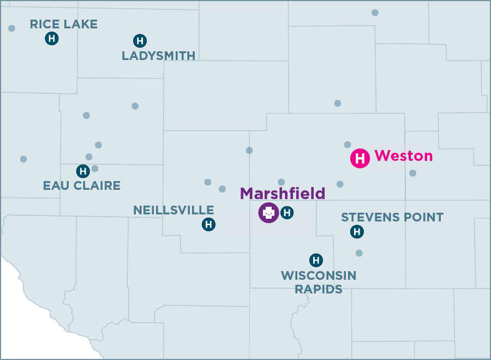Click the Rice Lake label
pyautogui.click(x=63, y=24)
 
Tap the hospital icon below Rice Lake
pyautogui.click(x=52, y=38)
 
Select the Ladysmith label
pyautogui.click(x=158, y=56)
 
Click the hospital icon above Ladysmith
pyautogui.click(x=140, y=40)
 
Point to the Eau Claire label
pyautogui.click(x=81, y=185)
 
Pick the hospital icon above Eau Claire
pyautogui.click(x=83, y=171)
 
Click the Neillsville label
pyautogui.click(x=173, y=210)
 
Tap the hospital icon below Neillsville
pyautogui.click(x=208, y=224)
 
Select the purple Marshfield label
pyautogui.click(x=283, y=193)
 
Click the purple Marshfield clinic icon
pyautogui.click(x=268, y=213)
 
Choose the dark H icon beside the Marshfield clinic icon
pyautogui.click(x=287, y=213)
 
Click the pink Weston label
pyautogui.click(x=404, y=156)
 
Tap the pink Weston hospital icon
pyautogui.click(x=360, y=158)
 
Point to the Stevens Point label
pyautogui.click(x=392, y=217)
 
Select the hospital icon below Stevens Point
pyautogui.click(x=357, y=232)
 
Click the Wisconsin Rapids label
pyautogui.click(x=319, y=282)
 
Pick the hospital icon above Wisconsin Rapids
pyautogui.click(x=316, y=260)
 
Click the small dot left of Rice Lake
pyautogui.click(x=11, y=28)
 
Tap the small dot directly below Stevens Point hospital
pyautogui.click(x=359, y=253)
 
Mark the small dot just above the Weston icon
pyautogui.click(x=348, y=145)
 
